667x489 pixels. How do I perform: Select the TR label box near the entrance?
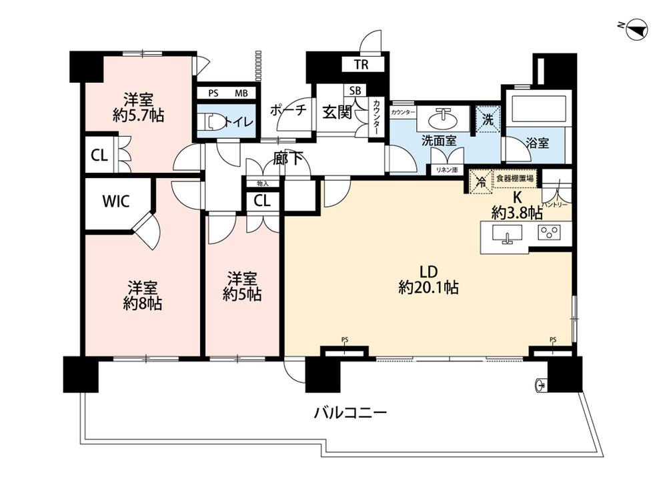coord(361,65)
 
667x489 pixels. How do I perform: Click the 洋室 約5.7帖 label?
coord(139,107)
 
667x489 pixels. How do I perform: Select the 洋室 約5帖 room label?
coord(241,286)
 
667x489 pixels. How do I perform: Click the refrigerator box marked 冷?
coord(479,180)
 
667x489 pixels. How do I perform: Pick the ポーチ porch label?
coord(288,111)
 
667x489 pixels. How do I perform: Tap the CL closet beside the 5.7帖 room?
coord(99,155)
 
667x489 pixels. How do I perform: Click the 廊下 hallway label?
coord(288,159)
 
